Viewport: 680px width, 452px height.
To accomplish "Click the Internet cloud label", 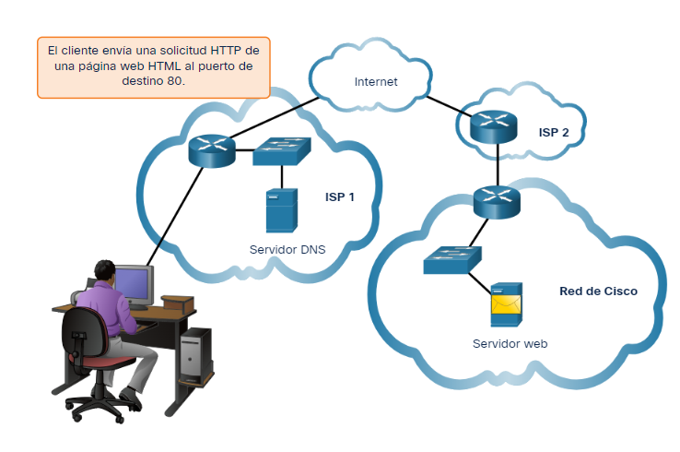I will click(x=376, y=81).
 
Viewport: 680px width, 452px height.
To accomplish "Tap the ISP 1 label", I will click(x=339, y=196).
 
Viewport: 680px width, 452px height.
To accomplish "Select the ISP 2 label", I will click(x=554, y=132).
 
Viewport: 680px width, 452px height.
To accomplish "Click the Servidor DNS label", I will click(x=287, y=249).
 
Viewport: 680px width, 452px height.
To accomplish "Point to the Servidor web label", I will click(x=510, y=343).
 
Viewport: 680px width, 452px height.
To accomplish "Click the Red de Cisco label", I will click(x=598, y=291).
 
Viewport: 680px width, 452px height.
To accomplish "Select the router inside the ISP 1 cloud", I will click(x=213, y=149).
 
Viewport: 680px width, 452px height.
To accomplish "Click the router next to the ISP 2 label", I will click(x=495, y=125).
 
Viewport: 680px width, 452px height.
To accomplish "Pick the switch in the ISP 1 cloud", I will click(x=283, y=152).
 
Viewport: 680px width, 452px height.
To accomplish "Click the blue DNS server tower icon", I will click(x=281, y=210).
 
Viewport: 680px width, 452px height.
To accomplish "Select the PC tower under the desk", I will click(x=195, y=356).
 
